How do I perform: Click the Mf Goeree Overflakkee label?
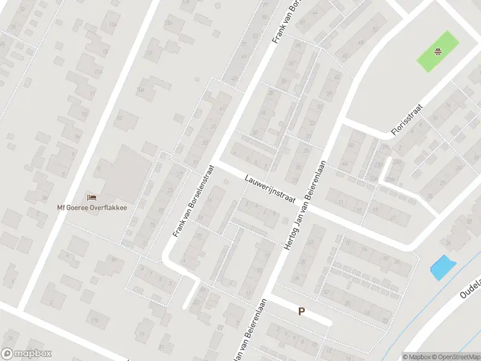pos(93,208)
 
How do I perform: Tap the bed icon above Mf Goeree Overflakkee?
pos(91,197)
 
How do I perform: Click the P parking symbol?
pos(301,311)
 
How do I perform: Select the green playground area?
pos(438,52)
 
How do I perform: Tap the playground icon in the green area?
pos(439,51)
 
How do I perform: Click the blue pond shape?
pos(441,267)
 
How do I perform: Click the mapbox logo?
pos(26,354)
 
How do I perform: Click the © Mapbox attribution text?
pos(416,356)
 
